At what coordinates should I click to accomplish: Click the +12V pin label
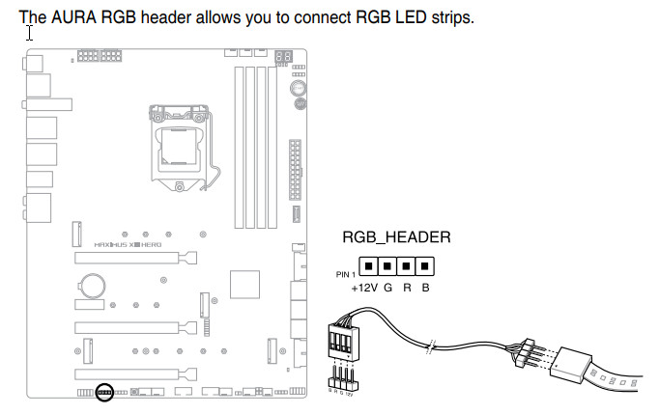click(x=364, y=287)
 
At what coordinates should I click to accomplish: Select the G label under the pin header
click(x=387, y=287)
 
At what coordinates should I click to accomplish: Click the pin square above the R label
click(x=406, y=264)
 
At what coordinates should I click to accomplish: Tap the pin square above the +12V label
click(x=368, y=264)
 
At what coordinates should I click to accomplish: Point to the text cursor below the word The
click(x=31, y=33)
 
